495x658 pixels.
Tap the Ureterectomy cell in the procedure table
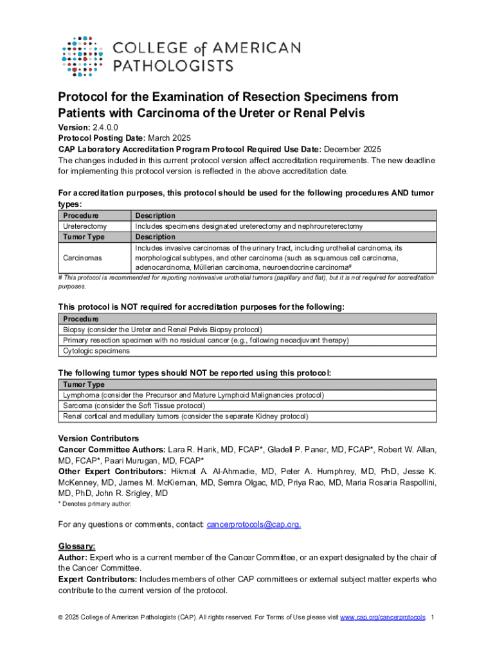click(x=84, y=226)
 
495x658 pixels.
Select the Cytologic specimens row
click(x=96, y=351)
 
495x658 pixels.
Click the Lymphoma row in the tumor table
click(x=193, y=395)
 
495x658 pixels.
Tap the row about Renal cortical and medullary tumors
click(x=185, y=416)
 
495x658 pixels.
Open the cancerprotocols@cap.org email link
click(x=253, y=524)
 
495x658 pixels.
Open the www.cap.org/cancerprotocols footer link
click(x=382, y=618)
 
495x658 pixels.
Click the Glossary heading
click(x=77, y=546)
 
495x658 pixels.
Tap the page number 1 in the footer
click(x=433, y=618)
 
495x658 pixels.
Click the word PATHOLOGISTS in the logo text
click(x=174, y=65)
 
